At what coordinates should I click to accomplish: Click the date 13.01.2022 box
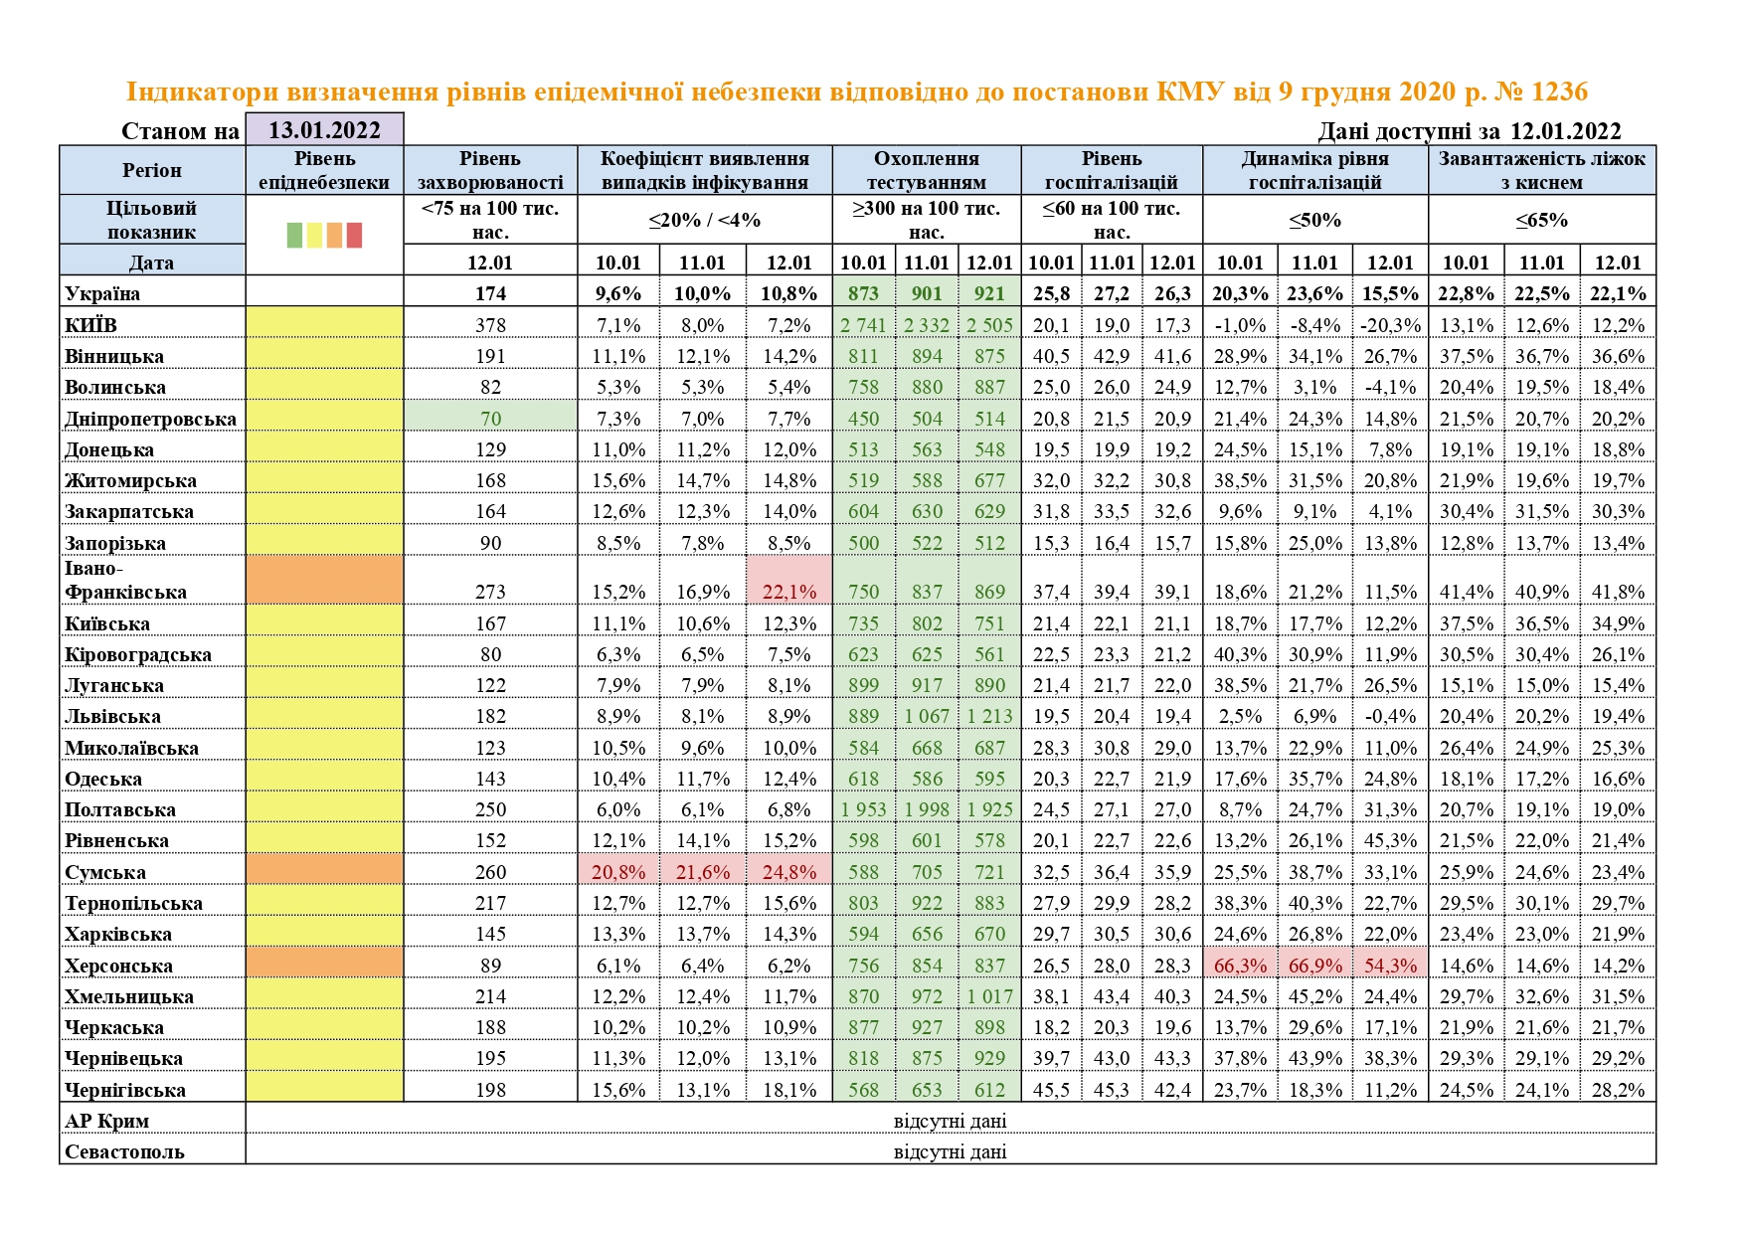click(x=324, y=130)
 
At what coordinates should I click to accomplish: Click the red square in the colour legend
click(x=354, y=235)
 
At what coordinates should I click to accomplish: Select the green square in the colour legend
click(x=294, y=235)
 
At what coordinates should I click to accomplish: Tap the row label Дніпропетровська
click(x=150, y=419)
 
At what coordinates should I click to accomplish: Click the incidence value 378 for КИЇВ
click(x=490, y=325)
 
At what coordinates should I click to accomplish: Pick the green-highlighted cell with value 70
click(x=490, y=419)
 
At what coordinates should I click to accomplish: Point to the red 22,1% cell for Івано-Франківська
click(x=788, y=592)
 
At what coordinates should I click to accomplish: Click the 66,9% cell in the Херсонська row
click(x=1314, y=966)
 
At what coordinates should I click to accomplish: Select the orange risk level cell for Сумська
click(x=324, y=872)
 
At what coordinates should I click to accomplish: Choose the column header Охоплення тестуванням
click(x=926, y=170)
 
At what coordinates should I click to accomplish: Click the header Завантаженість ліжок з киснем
click(x=1541, y=170)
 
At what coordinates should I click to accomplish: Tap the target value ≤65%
click(x=1541, y=220)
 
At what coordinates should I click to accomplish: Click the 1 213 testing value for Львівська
click(x=989, y=716)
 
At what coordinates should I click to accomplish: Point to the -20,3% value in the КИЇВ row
click(x=1390, y=325)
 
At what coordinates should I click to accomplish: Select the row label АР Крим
click(x=106, y=1121)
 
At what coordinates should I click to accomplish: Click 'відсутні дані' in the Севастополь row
click(x=950, y=1151)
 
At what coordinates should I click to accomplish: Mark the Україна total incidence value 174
click(x=490, y=293)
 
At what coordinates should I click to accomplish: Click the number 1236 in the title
click(x=1559, y=91)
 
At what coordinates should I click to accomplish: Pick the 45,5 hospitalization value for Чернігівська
click(x=1051, y=1090)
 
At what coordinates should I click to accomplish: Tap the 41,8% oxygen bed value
click(x=1618, y=592)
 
